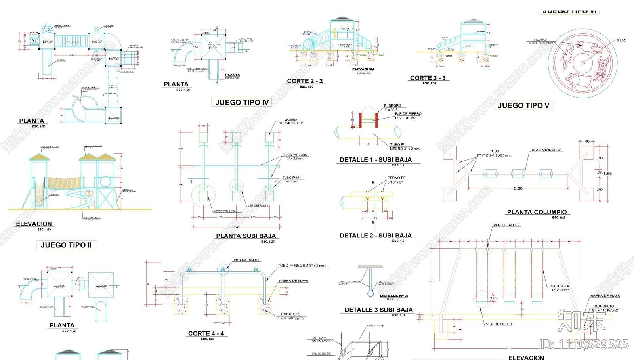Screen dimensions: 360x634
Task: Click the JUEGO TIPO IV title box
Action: pyautogui.click(x=242, y=102)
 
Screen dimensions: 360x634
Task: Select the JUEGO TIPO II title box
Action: pyautogui.click(x=66, y=245)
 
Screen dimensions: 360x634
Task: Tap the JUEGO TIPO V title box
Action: pyautogui.click(x=523, y=105)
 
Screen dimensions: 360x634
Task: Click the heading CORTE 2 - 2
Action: pyautogui.click(x=305, y=81)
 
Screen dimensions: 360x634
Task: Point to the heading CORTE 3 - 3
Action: pyautogui.click(x=428, y=78)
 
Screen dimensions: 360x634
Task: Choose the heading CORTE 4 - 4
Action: pyautogui.click(x=206, y=333)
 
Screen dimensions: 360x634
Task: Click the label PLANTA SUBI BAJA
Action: pyautogui.click(x=246, y=236)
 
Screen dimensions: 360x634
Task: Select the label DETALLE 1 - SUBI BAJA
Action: pyautogui.click(x=376, y=160)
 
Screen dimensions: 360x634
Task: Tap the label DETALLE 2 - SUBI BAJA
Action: pyautogui.click(x=376, y=236)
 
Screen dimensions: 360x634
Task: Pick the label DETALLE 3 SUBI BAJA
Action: pyautogui.click(x=378, y=310)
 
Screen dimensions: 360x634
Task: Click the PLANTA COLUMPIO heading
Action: pyautogui.click(x=537, y=212)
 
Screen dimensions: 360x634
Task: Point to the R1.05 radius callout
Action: pyautogui.click(x=621, y=40)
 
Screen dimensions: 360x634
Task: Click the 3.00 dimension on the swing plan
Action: pyautogui.click(x=518, y=188)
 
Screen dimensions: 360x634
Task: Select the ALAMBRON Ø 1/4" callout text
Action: pyautogui.click(x=547, y=150)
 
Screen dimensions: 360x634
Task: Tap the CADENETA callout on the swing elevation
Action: pyautogui.click(x=560, y=286)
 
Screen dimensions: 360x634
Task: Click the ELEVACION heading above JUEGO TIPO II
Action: pyautogui.click(x=34, y=224)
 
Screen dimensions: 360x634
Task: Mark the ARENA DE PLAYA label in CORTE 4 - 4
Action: pyautogui.click(x=293, y=281)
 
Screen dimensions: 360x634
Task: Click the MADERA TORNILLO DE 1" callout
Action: pyautogui.click(x=291, y=121)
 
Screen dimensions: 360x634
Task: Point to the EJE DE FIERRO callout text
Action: pyautogui.click(x=408, y=114)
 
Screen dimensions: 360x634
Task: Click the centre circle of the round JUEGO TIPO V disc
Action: pyautogui.click(x=582, y=63)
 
